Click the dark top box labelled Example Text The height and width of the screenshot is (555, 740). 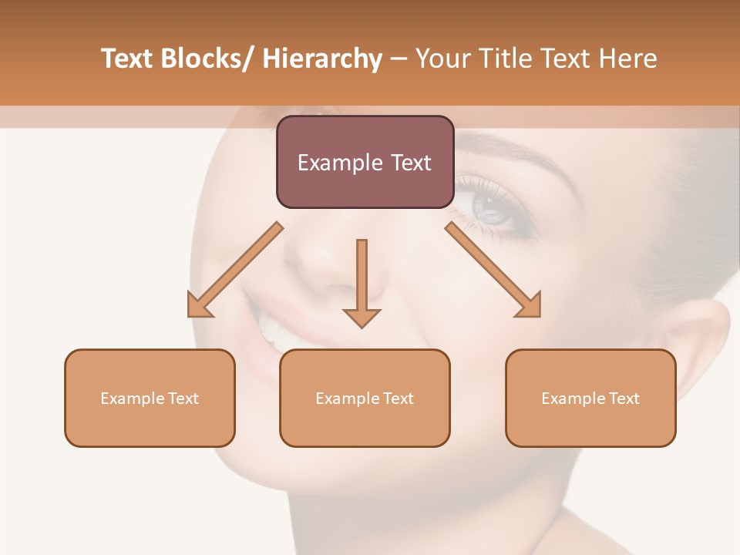click(365, 162)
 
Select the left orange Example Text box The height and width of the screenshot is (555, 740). click(150, 398)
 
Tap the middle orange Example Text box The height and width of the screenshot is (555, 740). click(365, 398)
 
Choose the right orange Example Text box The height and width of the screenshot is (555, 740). click(590, 398)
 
